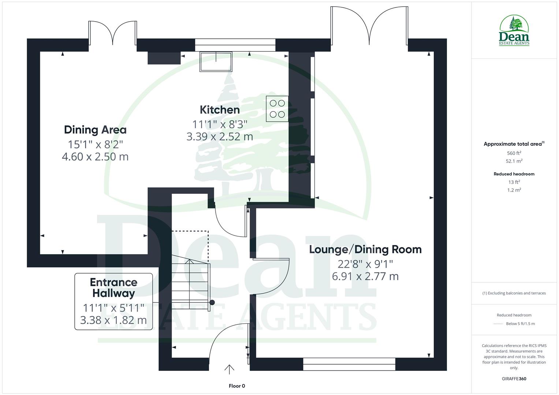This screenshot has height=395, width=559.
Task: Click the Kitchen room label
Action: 220,110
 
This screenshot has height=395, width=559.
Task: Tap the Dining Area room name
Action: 95,130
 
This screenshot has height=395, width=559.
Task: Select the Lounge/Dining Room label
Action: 365,249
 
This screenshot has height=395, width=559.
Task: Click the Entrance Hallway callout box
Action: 113,301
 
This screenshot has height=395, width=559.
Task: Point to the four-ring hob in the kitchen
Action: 277,109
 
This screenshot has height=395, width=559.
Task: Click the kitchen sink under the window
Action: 216,61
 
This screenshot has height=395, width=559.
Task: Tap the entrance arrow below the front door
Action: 229,369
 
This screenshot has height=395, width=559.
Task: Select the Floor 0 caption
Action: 236,386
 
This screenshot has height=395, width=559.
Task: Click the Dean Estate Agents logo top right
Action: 514,31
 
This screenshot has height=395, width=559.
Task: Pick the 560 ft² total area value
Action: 514,153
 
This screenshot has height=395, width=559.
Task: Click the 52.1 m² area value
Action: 514,161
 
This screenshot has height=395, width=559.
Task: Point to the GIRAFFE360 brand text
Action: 514,379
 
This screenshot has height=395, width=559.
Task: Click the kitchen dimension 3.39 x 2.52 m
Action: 220,137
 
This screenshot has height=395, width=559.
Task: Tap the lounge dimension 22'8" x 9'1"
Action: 365,264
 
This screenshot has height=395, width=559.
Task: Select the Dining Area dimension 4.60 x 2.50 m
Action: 95,157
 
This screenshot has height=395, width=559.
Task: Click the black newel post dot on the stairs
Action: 212,302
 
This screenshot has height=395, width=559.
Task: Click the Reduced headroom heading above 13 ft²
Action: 514,174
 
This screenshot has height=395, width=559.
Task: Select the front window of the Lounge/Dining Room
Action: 349,364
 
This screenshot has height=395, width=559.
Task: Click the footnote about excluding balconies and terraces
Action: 514,293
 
